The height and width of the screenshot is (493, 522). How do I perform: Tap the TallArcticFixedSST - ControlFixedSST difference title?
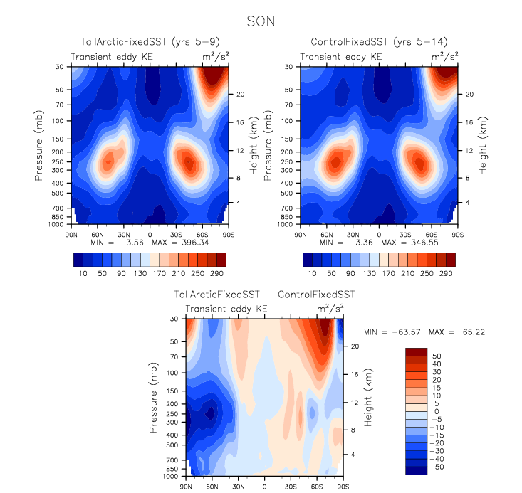pos(264,295)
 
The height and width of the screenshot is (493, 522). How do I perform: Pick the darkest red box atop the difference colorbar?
pos(417,353)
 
